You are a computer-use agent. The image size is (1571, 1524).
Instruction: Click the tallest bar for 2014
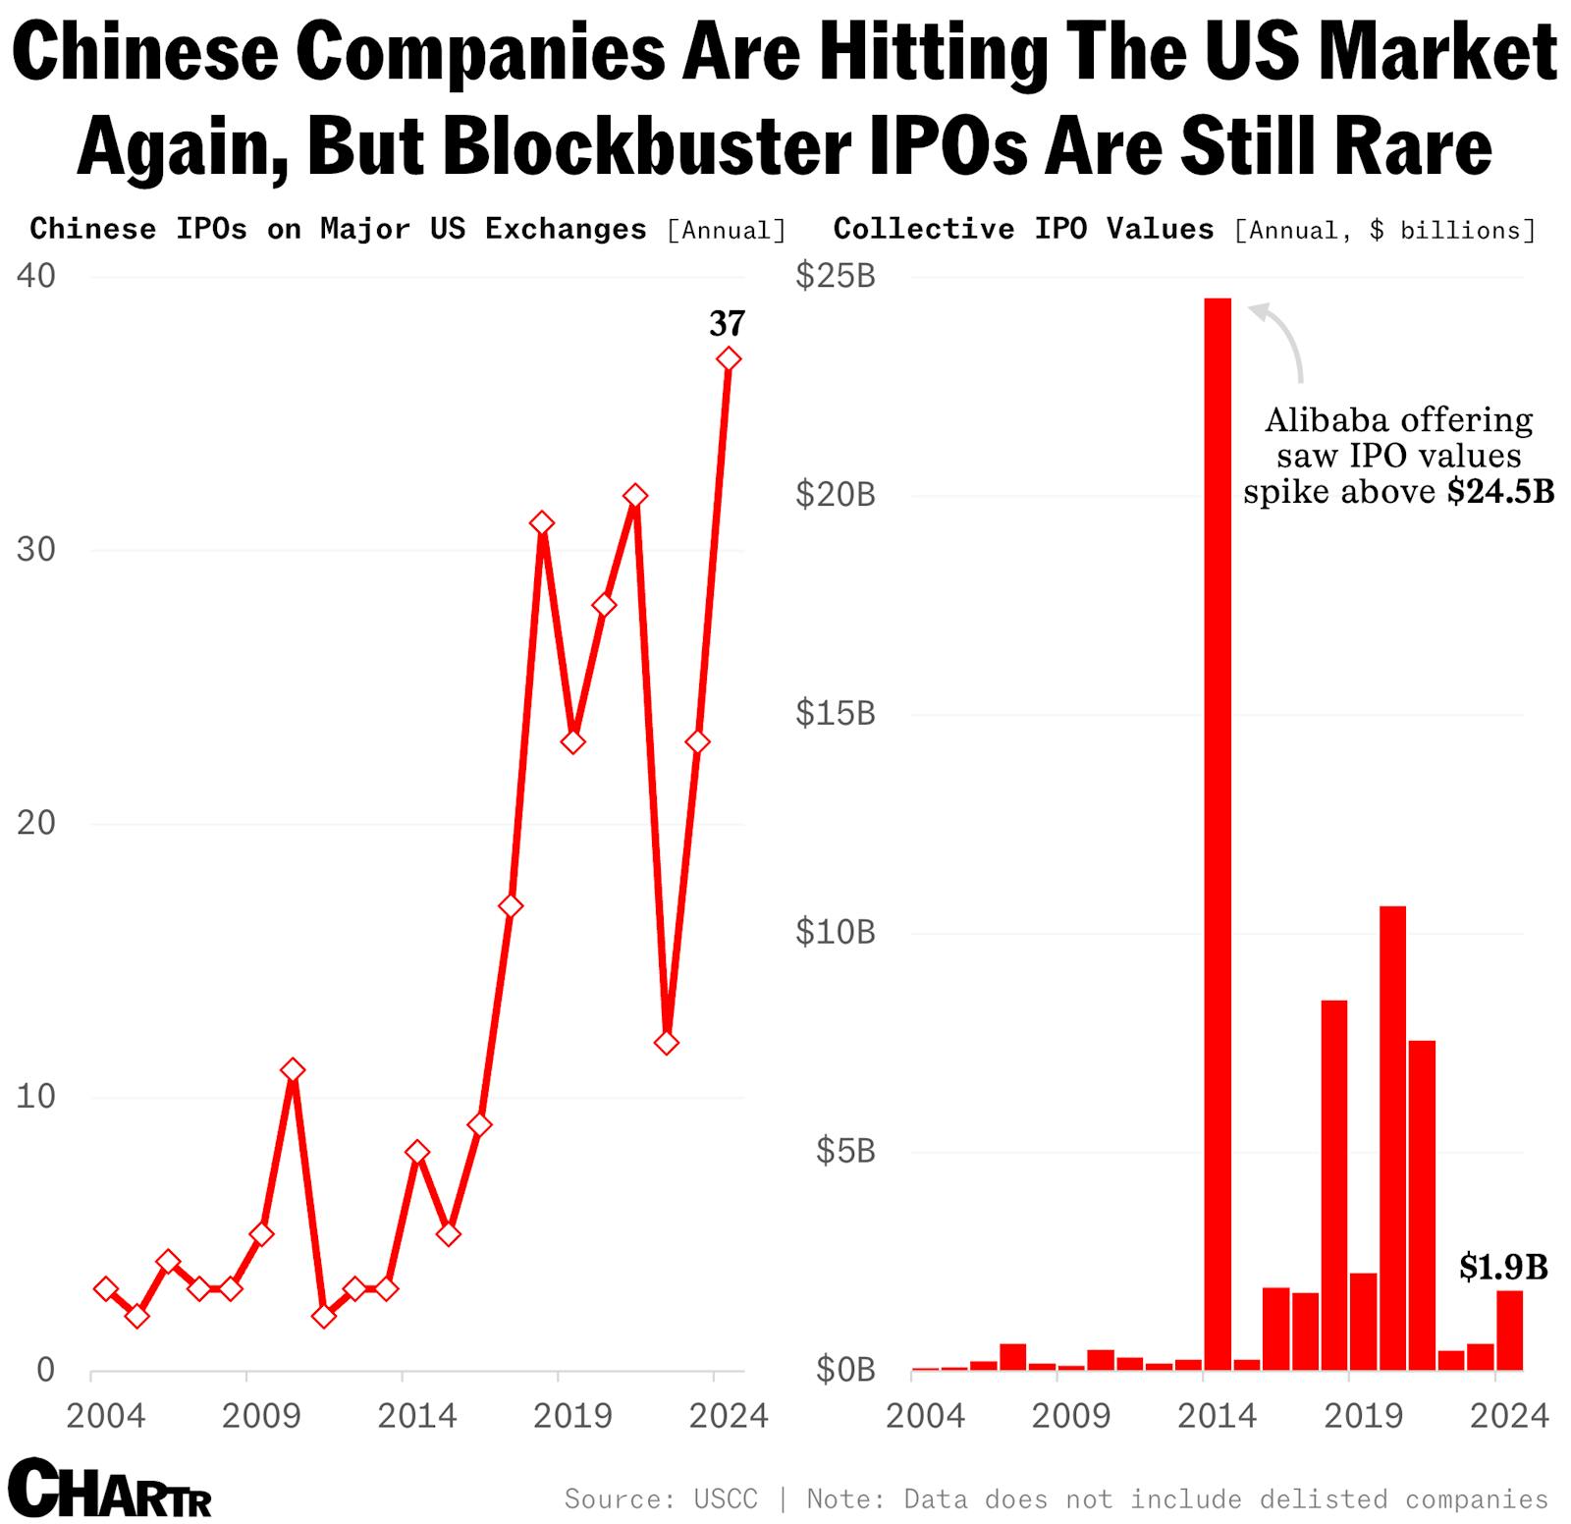1218,835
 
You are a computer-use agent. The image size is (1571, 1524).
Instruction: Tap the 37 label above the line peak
728,323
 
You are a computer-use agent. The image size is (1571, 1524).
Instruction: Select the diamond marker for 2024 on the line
728,359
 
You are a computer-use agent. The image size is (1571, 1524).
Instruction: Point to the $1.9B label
1502,1267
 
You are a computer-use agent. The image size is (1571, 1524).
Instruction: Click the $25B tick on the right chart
835,276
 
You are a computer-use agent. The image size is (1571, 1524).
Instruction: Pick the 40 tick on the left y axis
36,276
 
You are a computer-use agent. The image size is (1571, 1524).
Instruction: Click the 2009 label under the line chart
260,1415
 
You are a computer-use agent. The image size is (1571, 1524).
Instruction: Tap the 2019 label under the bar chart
1363,1415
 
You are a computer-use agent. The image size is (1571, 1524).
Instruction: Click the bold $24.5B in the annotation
1500,491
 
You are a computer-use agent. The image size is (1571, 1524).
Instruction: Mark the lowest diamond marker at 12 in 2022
667,1042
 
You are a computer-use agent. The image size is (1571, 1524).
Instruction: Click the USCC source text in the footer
726,1498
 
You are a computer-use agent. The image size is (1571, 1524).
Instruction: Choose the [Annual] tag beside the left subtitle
727,231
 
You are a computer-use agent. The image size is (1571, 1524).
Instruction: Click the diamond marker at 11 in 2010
292,1069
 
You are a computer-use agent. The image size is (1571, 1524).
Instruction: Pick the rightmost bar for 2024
1509,1330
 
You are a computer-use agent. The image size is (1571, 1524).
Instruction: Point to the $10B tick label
835,932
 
